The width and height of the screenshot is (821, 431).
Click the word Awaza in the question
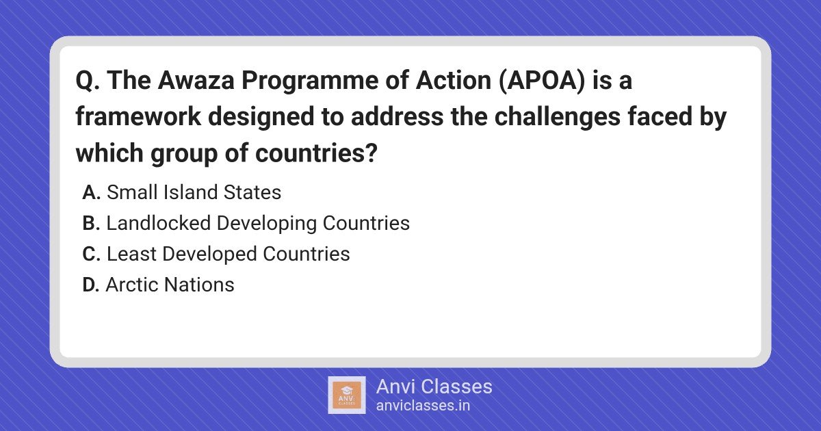pos(196,80)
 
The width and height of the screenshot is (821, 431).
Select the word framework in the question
pos(138,116)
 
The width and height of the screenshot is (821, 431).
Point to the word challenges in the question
pos(557,117)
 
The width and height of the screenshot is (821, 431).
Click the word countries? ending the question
pos(316,153)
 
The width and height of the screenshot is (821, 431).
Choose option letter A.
pos(91,192)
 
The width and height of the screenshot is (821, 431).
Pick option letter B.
pos(91,223)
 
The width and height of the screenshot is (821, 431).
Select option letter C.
pos(91,254)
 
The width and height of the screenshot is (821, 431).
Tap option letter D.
pos(91,285)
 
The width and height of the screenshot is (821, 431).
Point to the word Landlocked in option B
pos(158,223)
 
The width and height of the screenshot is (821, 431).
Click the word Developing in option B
pos(266,224)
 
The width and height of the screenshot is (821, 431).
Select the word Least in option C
pos(131,254)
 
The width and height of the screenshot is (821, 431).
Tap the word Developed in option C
pos(209,254)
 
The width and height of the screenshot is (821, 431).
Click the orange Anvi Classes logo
pos(346,395)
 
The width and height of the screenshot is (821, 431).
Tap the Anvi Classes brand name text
pos(434,387)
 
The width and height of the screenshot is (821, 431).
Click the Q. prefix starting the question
pos(88,81)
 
